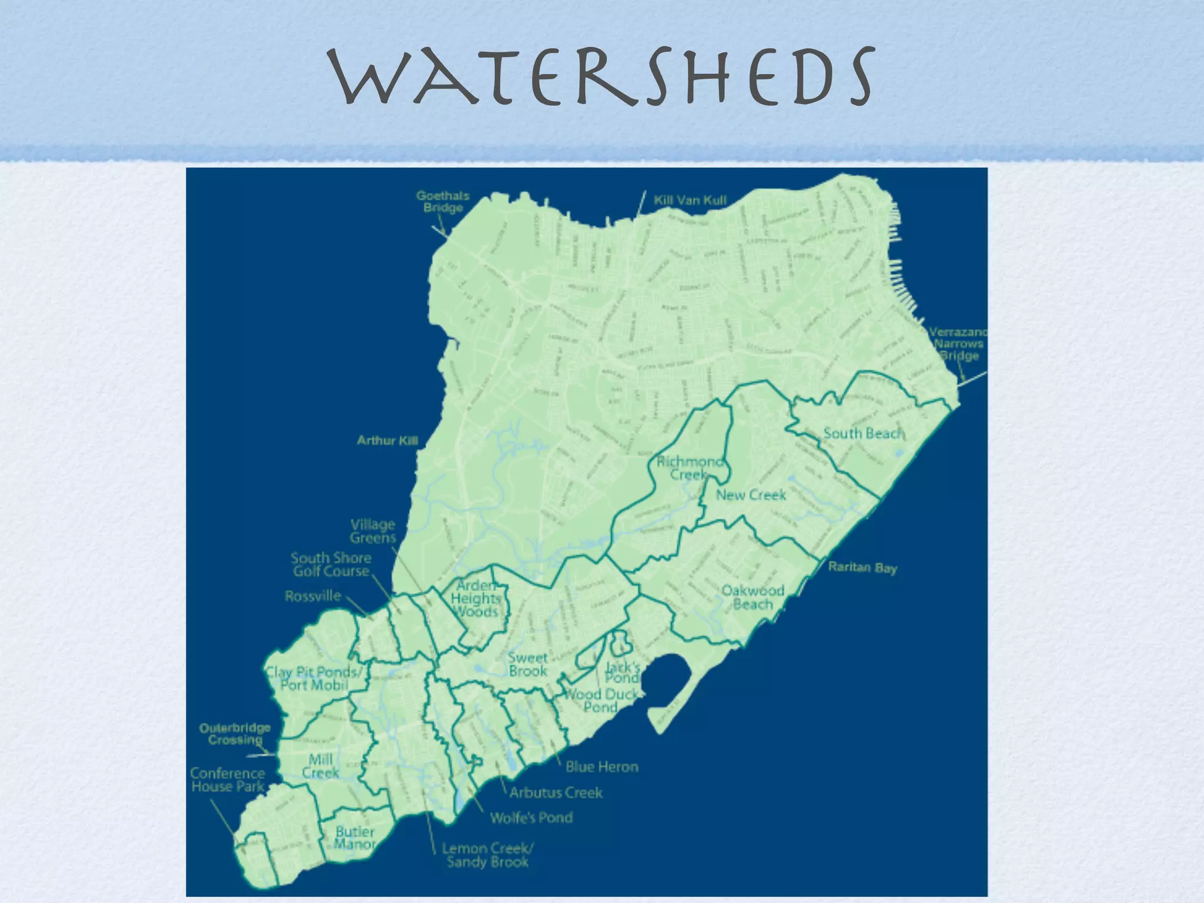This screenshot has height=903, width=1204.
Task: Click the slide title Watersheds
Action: pyautogui.click(x=601, y=76)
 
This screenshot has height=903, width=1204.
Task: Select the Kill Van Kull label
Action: pyautogui.click(x=690, y=200)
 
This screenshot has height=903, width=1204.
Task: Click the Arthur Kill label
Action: pyautogui.click(x=387, y=440)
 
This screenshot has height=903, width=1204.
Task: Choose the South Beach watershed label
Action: pyautogui.click(x=862, y=434)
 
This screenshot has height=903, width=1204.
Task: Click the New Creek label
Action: pyautogui.click(x=751, y=495)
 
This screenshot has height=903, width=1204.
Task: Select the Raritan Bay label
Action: pyautogui.click(x=862, y=568)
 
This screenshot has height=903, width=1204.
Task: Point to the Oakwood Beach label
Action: pyautogui.click(x=752, y=597)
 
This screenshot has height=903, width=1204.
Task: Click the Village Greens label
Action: pyautogui.click(x=373, y=531)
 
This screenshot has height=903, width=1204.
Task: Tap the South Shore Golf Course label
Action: pyautogui.click(x=331, y=564)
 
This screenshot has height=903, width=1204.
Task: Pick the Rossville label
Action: pyautogui.click(x=313, y=596)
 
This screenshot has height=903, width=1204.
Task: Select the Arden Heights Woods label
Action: pyautogui.click(x=476, y=598)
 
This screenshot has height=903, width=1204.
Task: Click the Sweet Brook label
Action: pyautogui.click(x=527, y=665)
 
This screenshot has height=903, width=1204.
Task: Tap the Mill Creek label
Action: pyautogui.click(x=320, y=766)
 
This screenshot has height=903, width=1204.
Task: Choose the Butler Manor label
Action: pyautogui.click(x=355, y=838)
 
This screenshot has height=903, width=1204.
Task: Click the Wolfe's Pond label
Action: pyautogui.click(x=531, y=818)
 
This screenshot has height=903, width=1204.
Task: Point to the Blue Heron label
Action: pyautogui.click(x=601, y=767)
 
